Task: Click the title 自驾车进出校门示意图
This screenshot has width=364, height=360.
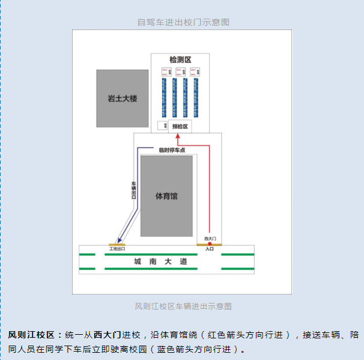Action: (x=183, y=22)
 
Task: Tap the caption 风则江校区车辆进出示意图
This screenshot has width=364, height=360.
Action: (x=183, y=306)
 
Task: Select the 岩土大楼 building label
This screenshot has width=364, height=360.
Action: (x=123, y=98)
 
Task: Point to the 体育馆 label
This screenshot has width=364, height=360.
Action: (x=166, y=196)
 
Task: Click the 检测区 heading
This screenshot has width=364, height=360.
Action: (x=180, y=60)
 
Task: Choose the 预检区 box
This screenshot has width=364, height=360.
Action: (x=180, y=126)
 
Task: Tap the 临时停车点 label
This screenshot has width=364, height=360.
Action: (x=172, y=150)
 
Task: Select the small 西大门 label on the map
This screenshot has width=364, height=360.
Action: (x=210, y=238)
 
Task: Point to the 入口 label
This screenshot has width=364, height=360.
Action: (x=210, y=248)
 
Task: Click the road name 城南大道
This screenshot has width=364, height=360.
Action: (x=161, y=261)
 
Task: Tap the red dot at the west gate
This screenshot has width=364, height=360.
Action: (x=210, y=243)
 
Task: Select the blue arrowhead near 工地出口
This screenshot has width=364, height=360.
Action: (x=120, y=239)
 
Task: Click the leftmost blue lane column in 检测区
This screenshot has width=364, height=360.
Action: (x=164, y=97)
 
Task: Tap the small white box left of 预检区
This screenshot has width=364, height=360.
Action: (x=162, y=125)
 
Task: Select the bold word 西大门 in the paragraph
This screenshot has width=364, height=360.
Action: (x=108, y=334)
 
